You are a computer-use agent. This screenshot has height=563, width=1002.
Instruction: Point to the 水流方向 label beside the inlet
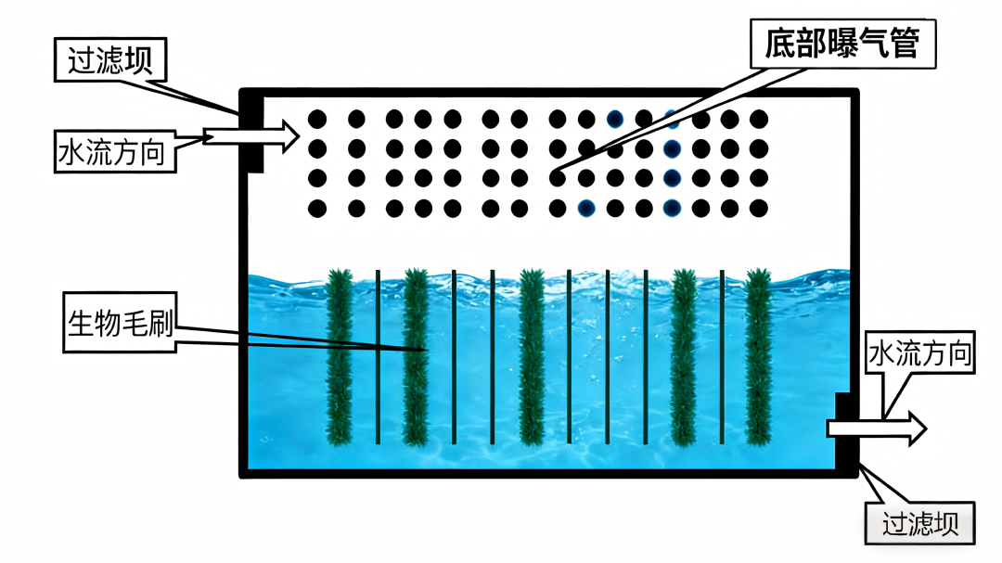click(116, 151)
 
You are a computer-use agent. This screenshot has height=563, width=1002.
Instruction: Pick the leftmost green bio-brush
click(340, 357)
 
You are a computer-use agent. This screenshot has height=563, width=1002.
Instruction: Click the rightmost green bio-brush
click(759, 357)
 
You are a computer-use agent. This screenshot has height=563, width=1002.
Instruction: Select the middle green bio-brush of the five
click(531, 357)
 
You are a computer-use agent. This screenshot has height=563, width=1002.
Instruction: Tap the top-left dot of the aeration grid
click(316, 119)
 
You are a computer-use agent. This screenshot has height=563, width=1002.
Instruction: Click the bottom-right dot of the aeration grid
click(759, 208)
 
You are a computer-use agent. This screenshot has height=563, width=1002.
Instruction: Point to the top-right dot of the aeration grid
click(759, 119)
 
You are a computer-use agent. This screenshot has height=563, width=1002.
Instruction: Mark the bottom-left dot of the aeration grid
click(316, 208)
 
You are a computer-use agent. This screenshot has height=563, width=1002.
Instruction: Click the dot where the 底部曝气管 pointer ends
click(557, 178)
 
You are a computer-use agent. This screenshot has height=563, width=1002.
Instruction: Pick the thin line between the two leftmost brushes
click(378, 357)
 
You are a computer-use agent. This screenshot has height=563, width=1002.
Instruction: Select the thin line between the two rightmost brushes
click(722, 357)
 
